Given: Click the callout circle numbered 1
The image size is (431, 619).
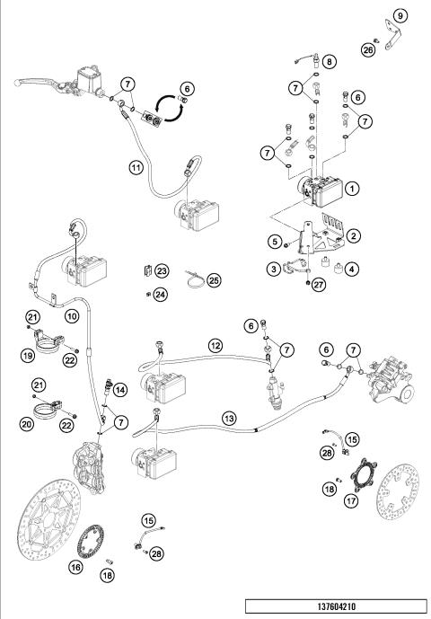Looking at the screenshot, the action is tap(352, 189).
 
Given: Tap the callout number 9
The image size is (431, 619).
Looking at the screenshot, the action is tap(400, 16).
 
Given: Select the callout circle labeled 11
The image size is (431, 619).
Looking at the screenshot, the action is tap(136, 168).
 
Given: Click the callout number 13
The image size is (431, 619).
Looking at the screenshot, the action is tap(229, 419).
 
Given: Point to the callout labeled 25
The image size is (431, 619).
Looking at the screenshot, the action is tap(214, 280).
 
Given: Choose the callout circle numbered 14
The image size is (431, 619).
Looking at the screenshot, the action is tap(120, 391).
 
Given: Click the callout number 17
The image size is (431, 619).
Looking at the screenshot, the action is tap(351, 501).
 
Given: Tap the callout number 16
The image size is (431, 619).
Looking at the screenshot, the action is tap(75, 567).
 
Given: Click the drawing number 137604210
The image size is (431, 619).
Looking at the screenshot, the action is tap(337, 606).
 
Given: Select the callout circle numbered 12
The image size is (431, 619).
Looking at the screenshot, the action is tap(215, 346).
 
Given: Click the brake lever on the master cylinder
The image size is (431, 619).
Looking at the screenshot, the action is tap(38, 83).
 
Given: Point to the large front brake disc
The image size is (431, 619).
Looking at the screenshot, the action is tap(48, 520).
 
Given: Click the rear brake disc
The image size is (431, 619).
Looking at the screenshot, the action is tap(397, 492).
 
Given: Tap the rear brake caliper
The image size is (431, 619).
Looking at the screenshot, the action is tap(390, 380).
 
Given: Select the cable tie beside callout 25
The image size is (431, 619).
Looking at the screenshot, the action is tap(195, 279).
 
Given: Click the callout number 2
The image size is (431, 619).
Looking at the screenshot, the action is tap(353, 236).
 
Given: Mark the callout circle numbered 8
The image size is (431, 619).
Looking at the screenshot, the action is tap(330, 62).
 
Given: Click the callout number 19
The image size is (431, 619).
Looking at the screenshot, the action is tap(28, 356).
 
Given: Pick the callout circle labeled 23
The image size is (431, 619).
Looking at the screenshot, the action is tap(162, 270).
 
